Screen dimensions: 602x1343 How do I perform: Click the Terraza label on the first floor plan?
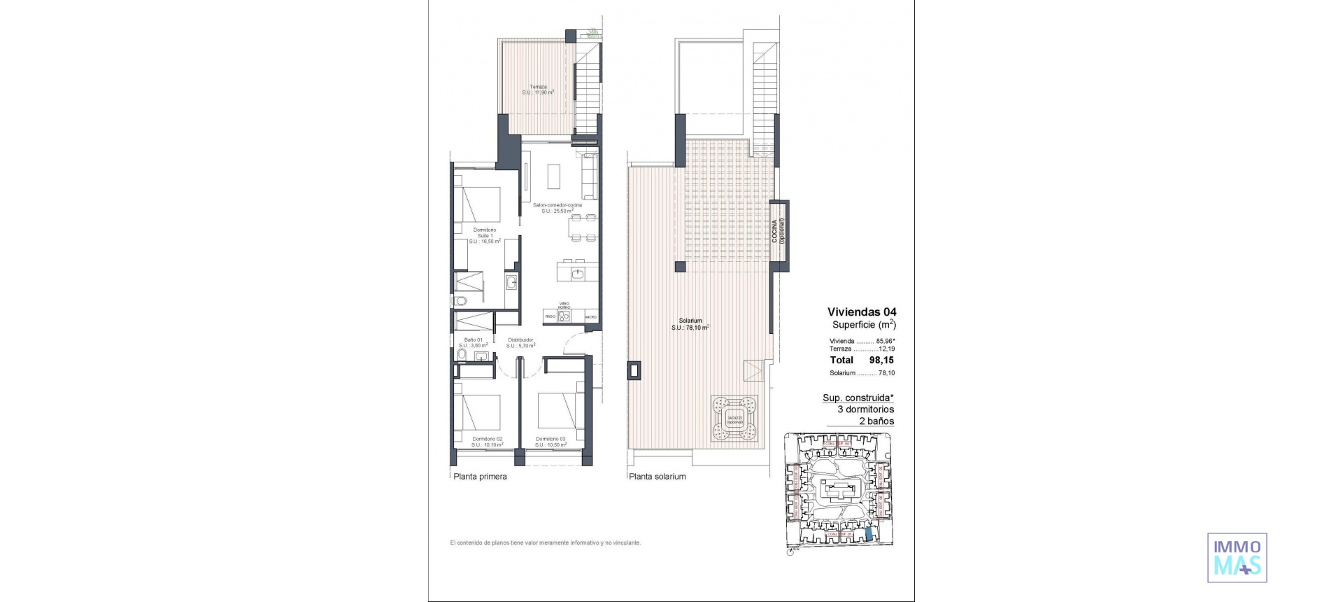click(538, 90)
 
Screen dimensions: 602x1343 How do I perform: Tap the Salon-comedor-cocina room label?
click(557, 208)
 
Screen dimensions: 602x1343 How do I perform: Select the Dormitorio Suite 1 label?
click(485, 235)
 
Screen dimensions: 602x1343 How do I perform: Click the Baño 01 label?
click(474, 342)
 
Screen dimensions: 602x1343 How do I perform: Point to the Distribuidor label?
click(521, 342)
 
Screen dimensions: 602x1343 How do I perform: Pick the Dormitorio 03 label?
click(550, 442)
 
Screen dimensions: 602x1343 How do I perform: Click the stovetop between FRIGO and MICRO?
click(564, 316)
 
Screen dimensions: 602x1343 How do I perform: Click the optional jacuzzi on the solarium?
click(734, 419)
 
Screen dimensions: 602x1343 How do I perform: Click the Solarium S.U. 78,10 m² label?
click(690, 324)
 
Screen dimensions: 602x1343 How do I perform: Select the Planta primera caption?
click(480, 477)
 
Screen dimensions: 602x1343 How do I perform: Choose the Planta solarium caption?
click(657, 477)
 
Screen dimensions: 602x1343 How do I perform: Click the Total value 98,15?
click(881, 360)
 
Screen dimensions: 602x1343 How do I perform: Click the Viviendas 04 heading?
click(861, 312)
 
